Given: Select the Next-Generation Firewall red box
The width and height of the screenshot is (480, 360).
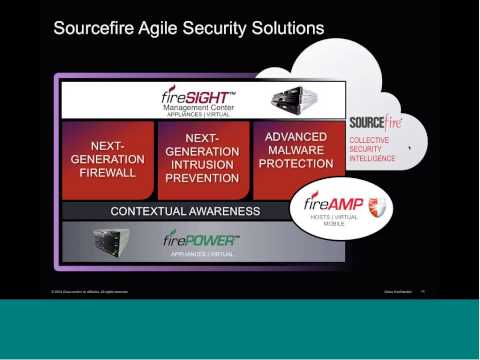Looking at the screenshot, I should [106, 160].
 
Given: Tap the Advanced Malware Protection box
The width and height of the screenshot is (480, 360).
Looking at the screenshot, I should [297, 150].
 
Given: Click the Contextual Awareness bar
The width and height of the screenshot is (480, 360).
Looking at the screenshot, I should [185, 212].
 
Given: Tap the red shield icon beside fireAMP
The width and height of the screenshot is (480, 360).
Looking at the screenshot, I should [376, 206].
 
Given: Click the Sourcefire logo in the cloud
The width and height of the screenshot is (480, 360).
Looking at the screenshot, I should [374, 123].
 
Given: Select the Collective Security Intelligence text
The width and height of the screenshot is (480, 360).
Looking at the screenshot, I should [372, 149].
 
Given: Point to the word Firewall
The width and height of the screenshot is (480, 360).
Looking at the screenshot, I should [106, 173].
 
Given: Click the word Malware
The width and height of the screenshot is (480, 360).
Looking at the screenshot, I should [297, 150].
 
